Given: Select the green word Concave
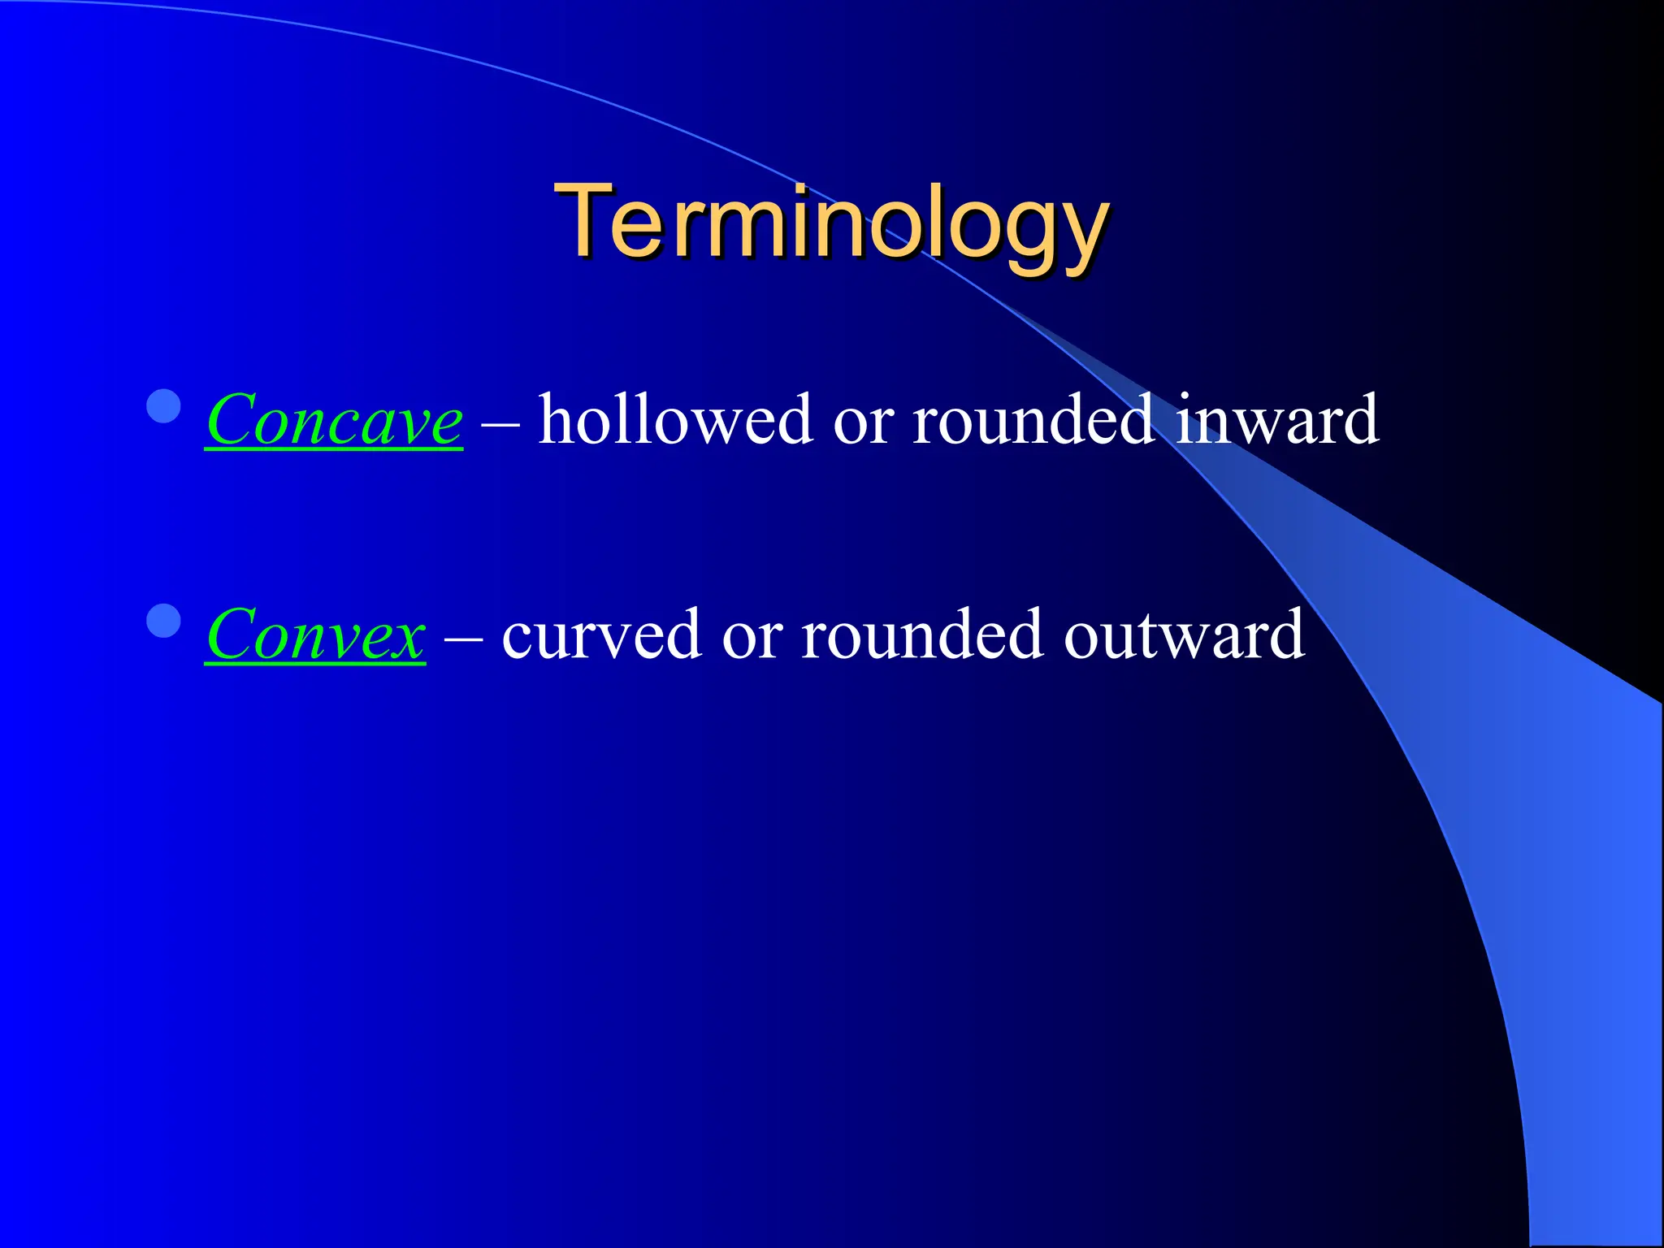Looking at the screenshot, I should coord(334,420).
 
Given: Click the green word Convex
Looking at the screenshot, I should coord(315,635).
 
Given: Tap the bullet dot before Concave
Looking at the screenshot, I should coord(164,406).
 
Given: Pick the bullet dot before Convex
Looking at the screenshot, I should coord(164,621).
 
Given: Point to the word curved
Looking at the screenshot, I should coord(601,635).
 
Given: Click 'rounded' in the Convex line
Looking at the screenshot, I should coord(922,635).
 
